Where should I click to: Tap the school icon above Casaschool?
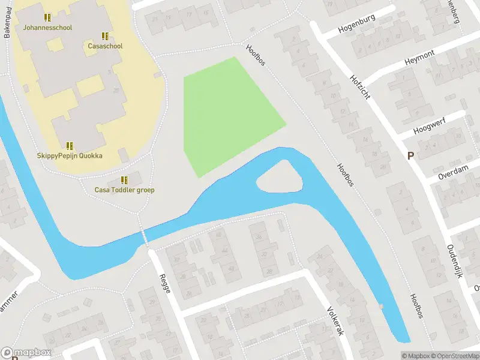105,36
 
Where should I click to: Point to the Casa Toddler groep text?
125,190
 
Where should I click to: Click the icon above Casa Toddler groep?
124,179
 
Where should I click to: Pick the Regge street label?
164,283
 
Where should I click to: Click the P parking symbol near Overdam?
411,156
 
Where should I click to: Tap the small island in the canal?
278,178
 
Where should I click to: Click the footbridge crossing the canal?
144,236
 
